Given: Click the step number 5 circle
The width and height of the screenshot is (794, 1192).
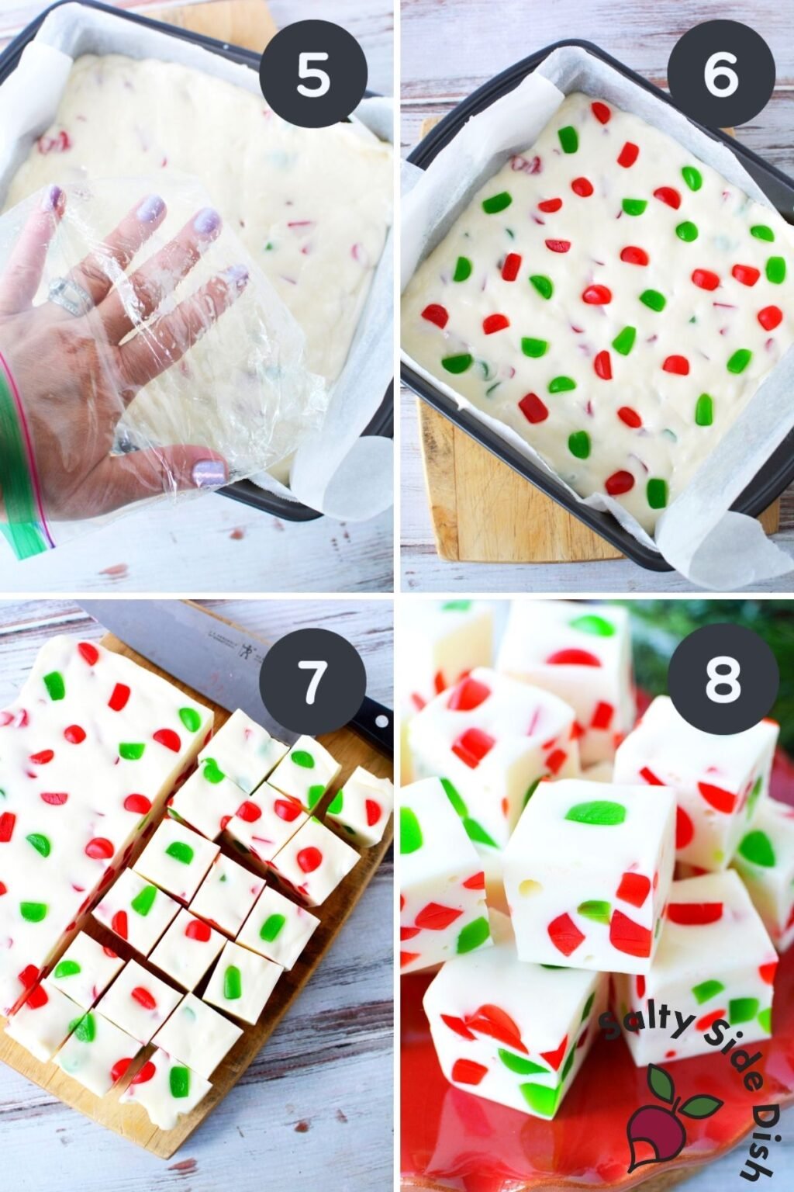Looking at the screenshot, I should click(312, 75).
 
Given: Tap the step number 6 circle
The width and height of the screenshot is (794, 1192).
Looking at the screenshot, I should click(721, 75).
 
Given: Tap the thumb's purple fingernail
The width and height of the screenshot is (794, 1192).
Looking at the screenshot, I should click(208, 472).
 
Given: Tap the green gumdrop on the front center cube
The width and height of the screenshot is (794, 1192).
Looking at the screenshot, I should click(595, 813).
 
